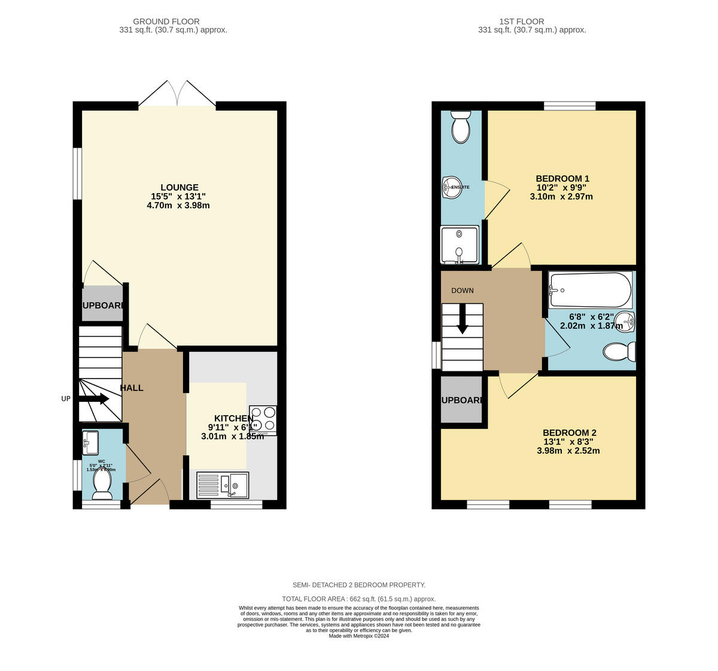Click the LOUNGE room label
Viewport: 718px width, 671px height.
(x=179, y=187)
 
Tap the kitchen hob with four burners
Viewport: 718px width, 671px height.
(x=263, y=419)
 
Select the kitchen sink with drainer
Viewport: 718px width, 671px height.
(x=223, y=485)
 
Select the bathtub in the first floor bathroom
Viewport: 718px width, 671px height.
(x=590, y=290)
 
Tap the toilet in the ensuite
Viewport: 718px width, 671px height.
(x=460, y=127)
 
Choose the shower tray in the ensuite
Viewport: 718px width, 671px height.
(x=460, y=245)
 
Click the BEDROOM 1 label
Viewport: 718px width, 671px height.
(x=562, y=178)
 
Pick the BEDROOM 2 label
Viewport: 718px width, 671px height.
(x=569, y=432)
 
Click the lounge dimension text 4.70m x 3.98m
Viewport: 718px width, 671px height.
(x=178, y=205)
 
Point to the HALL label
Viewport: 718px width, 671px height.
(x=132, y=388)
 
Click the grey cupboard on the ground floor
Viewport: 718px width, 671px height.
(x=102, y=305)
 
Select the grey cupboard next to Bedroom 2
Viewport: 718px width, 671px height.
(x=461, y=399)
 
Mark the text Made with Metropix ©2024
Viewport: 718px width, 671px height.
(x=359, y=636)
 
